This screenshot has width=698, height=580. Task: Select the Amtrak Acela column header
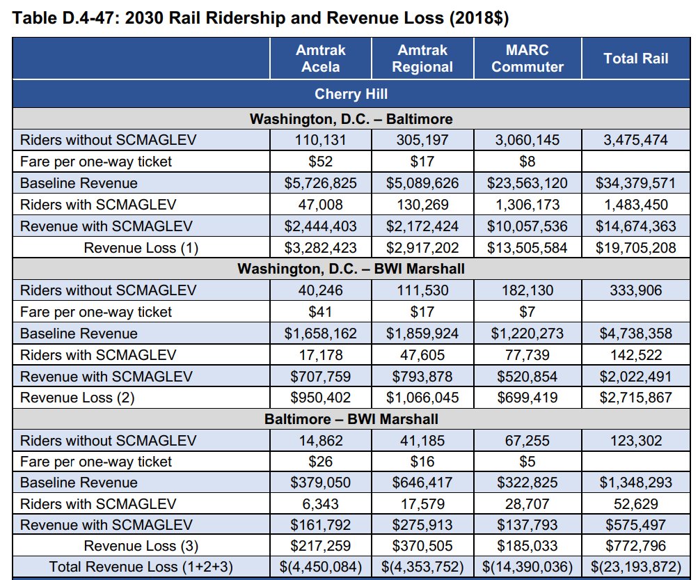point(320,58)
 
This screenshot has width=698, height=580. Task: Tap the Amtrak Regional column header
point(422,58)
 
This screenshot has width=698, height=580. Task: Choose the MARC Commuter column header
point(527,58)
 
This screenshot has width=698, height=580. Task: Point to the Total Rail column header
point(635,58)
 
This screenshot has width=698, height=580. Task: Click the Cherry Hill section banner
point(351,94)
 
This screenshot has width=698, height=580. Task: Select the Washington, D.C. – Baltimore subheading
point(351,118)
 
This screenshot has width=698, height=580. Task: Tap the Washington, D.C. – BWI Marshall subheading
point(351,269)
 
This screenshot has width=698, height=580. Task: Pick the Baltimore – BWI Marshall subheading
point(351,419)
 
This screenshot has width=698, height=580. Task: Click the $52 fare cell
point(320,162)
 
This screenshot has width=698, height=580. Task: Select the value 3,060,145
point(527,140)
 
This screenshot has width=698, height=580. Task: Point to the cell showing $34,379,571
point(635,183)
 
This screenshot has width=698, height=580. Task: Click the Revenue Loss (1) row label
point(141,248)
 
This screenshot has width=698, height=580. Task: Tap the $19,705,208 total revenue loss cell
point(635,248)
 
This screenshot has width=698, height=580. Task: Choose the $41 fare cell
point(320,312)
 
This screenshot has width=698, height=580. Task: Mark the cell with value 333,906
point(635,290)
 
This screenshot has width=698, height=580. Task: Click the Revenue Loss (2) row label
point(77,398)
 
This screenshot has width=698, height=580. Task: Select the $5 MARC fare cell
point(527,462)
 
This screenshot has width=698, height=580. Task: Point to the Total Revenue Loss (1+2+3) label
point(140,567)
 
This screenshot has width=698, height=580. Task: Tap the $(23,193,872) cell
point(635,567)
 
